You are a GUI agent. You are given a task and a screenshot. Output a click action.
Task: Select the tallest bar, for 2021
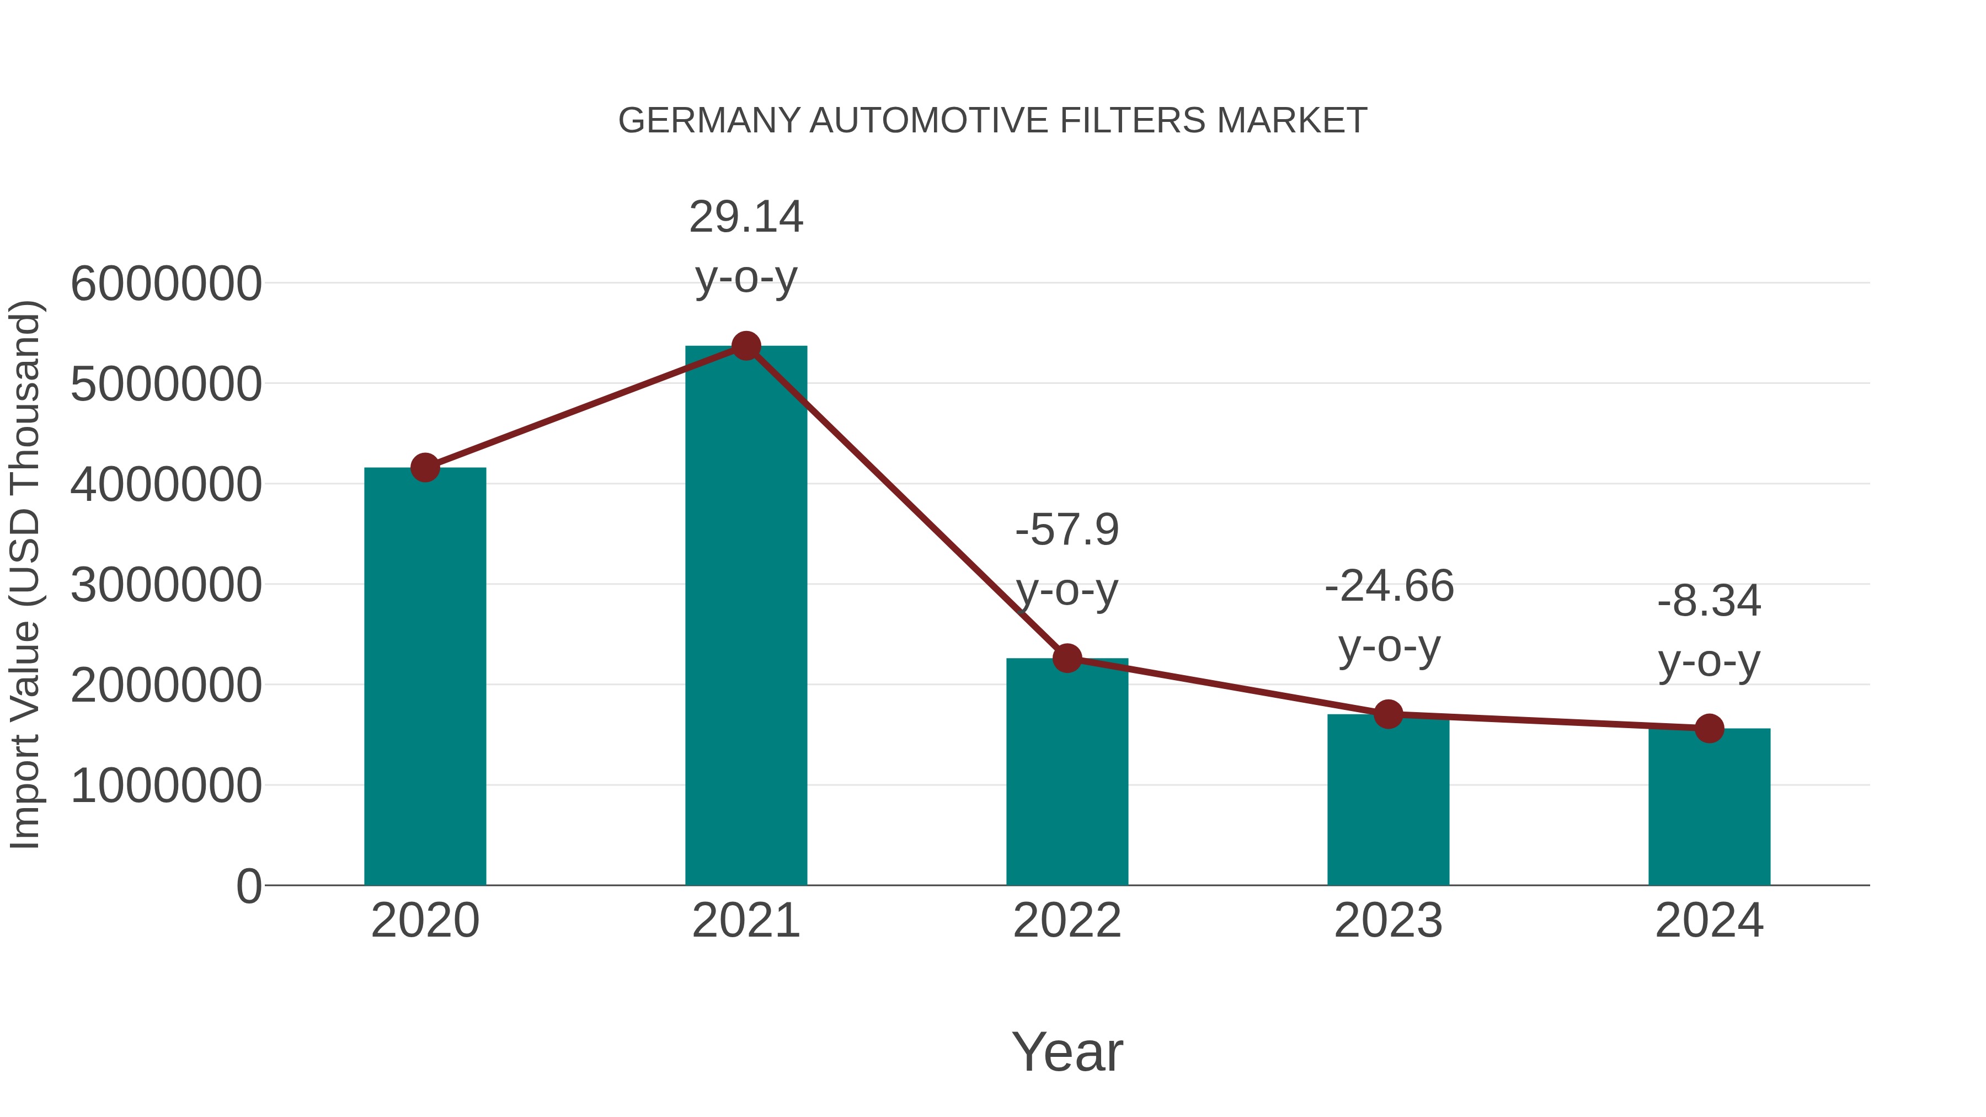click(745, 617)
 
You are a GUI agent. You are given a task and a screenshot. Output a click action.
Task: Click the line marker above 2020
click(425, 467)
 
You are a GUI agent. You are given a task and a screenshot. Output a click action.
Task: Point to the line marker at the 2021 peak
click(745, 346)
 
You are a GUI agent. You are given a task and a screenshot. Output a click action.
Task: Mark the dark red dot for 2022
click(1067, 658)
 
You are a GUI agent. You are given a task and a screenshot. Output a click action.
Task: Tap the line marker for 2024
click(1709, 728)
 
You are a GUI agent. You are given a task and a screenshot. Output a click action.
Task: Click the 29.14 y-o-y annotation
click(745, 217)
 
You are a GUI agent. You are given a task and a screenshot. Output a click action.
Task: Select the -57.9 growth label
click(1067, 530)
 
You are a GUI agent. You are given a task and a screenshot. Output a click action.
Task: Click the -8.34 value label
click(1709, 602)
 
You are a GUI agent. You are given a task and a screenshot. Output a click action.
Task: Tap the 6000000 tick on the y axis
click(165, 284)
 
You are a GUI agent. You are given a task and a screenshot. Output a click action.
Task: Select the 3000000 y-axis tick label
click(165, 585)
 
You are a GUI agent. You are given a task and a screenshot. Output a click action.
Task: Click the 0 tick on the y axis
click(248, 886)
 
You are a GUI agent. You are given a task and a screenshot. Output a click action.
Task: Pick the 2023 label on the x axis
click(1388, 921)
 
